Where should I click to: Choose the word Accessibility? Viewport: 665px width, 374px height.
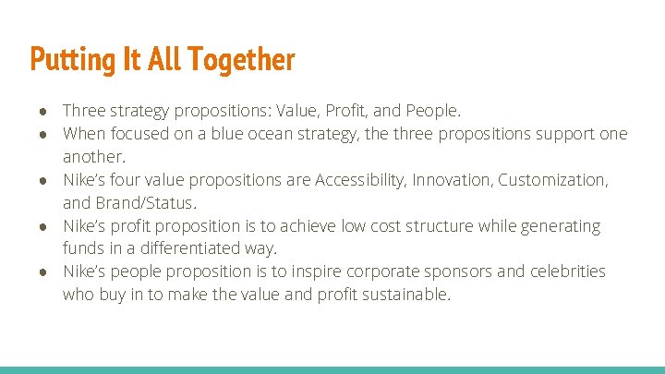359,180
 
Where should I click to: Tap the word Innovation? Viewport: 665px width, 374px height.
452,180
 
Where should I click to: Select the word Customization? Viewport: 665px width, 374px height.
551,180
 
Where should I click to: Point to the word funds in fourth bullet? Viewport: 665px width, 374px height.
83,249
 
